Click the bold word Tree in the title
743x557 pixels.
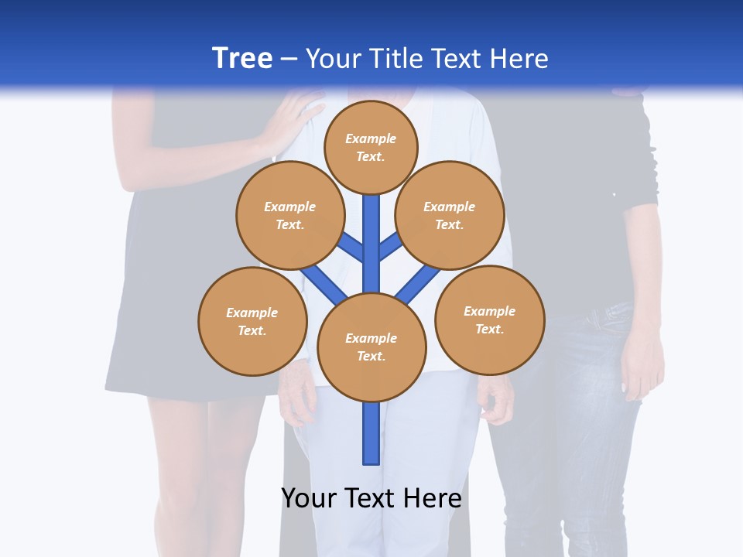[x=242, y=58]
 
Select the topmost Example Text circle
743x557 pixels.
[x=371, y=147]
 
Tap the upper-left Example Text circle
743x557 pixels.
[x=289, y=215]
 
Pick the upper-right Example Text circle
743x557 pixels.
[x=449, y=215]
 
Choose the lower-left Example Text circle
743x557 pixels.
[x=252, y=321]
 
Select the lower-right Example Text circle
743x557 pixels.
[x=489, y=320]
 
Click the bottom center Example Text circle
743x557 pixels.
[x=371, y=347]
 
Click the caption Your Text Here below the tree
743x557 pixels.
[x=371, y=497]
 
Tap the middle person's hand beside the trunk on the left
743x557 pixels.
[x=298, y=395]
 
